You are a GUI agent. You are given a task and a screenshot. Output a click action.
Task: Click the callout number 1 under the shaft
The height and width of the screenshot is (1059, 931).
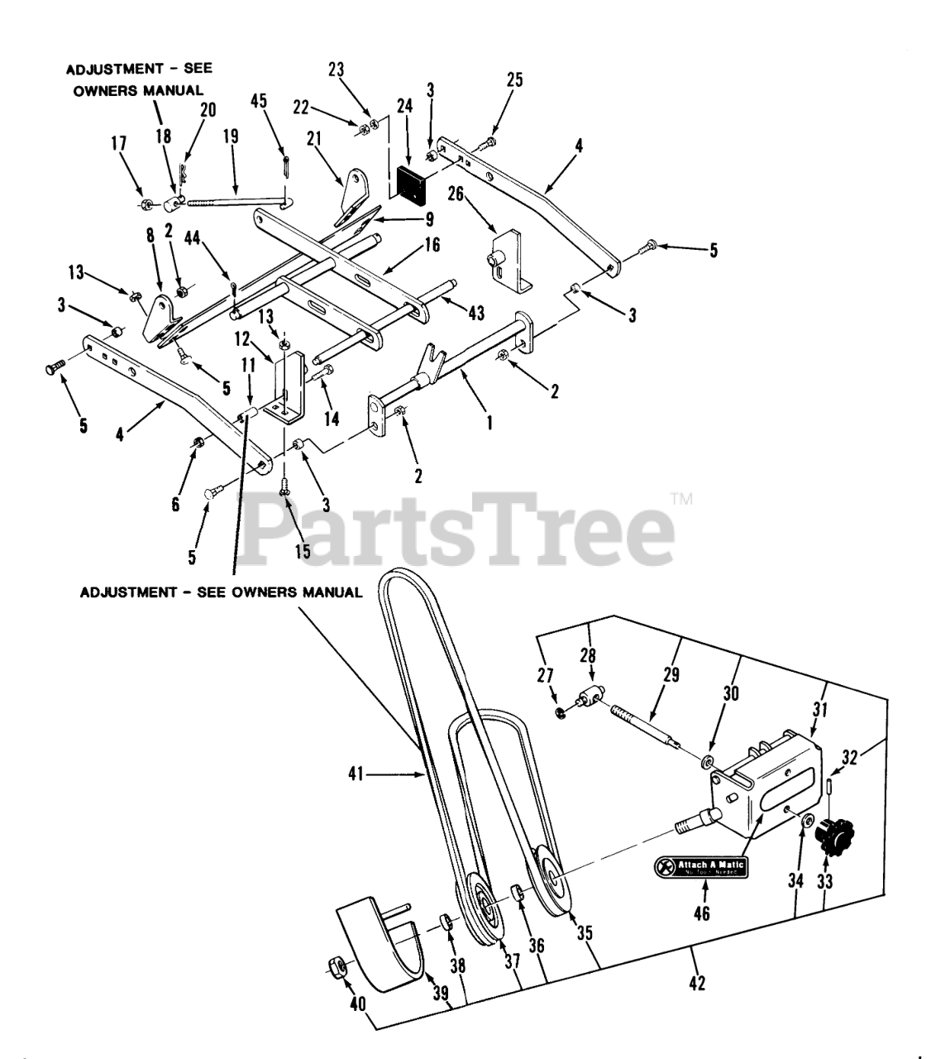(489, 422)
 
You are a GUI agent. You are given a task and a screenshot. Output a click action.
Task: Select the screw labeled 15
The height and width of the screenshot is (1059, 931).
(284, 488)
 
